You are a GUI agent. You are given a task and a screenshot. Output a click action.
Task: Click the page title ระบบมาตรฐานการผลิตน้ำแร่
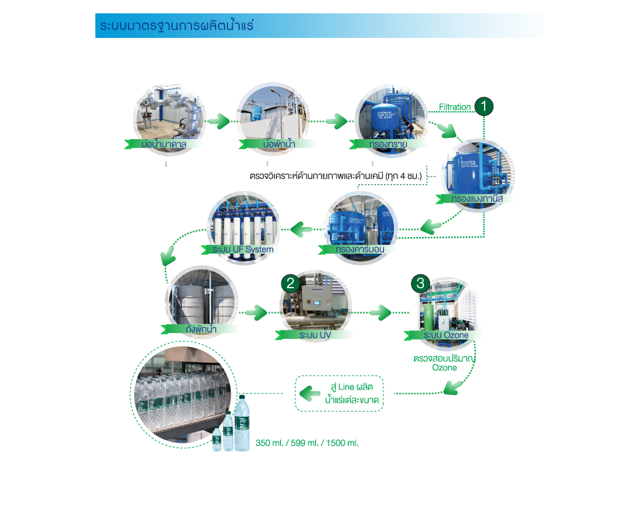176,26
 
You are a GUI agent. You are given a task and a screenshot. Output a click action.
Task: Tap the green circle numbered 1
483,107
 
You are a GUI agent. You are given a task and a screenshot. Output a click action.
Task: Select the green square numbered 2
290,282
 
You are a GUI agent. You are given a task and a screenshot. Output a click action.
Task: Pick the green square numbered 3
419,282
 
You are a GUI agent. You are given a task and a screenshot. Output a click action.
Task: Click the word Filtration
455,107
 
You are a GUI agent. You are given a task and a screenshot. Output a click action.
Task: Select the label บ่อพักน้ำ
267,143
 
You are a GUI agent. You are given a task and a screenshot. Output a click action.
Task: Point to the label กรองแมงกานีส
477,198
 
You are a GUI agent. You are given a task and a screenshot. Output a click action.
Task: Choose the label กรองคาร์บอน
361,249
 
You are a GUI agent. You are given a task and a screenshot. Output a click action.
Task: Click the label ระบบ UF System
243,249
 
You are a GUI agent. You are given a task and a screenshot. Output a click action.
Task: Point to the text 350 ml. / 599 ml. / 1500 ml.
307,442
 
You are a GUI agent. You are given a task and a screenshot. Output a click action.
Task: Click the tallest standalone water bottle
242,422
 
